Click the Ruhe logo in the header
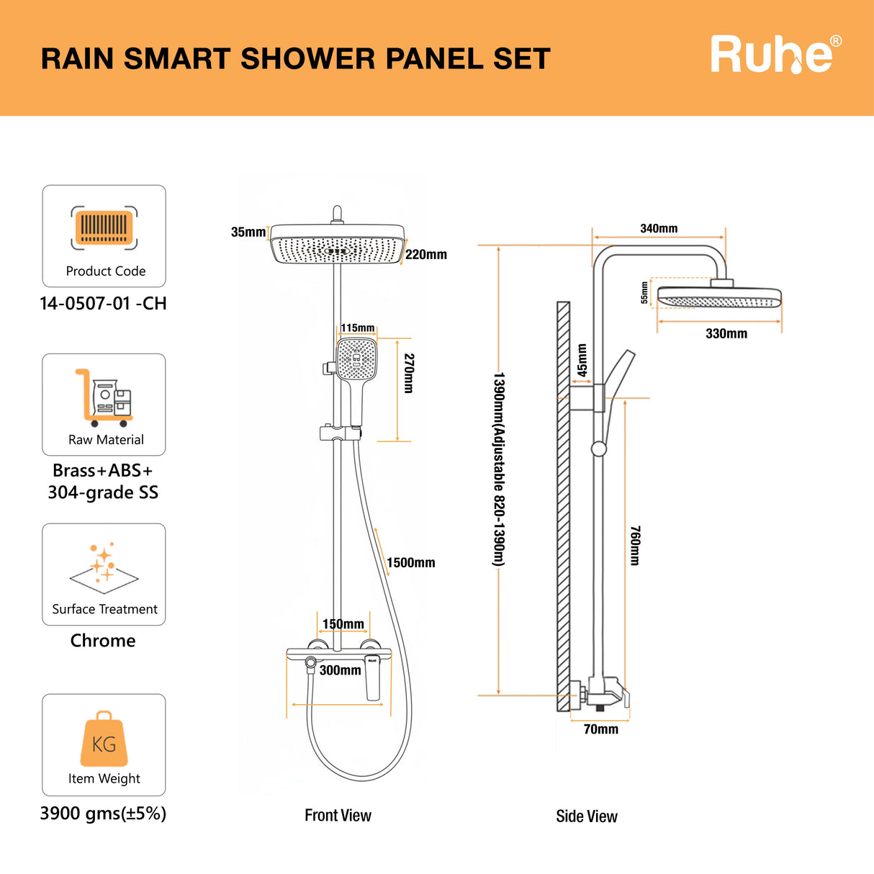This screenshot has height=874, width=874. coord(775,55)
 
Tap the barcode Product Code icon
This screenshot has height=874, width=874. coord(104,227)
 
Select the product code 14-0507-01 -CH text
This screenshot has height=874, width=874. coord(103,303)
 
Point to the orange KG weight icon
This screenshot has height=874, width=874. coord(104,740)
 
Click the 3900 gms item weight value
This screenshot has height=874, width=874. coord(103,814)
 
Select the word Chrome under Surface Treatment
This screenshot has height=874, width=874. coord(103,640)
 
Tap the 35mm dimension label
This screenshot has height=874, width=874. coord(248,232)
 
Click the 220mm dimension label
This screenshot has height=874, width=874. coord(425,254)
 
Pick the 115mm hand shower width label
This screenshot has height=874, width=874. coord(358,328)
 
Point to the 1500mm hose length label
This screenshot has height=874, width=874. coord(410,563)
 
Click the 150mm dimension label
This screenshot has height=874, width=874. coord(343,624)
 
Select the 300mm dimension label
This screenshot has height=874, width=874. coord(340,670)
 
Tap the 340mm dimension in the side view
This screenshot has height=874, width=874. coord(659,228)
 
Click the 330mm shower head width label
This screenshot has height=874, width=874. coord(726,333)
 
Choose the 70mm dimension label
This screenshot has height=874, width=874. coord(600,729)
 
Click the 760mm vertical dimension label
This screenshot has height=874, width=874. coord(635,545)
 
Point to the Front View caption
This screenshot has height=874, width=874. coord(338,815)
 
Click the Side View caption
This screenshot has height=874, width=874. coord(586,816)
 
